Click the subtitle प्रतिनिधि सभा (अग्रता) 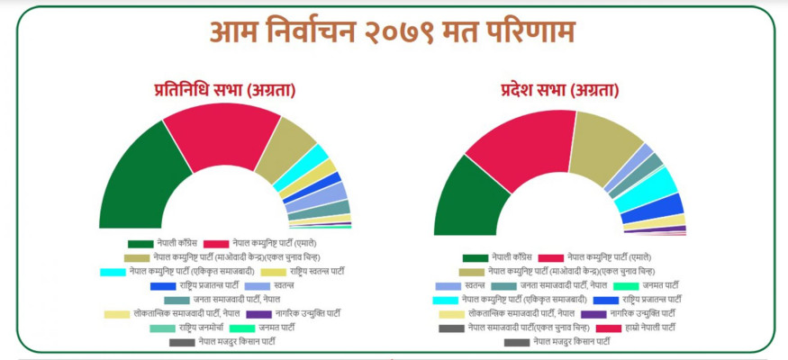coord(225,90)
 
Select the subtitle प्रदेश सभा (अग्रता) coord(559,90)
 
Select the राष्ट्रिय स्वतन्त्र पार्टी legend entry coord(319,271)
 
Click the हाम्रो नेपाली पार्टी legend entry coord(649,328)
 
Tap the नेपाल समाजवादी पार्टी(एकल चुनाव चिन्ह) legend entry coord(522,328)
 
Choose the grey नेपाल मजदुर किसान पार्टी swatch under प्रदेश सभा coord(516,342)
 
